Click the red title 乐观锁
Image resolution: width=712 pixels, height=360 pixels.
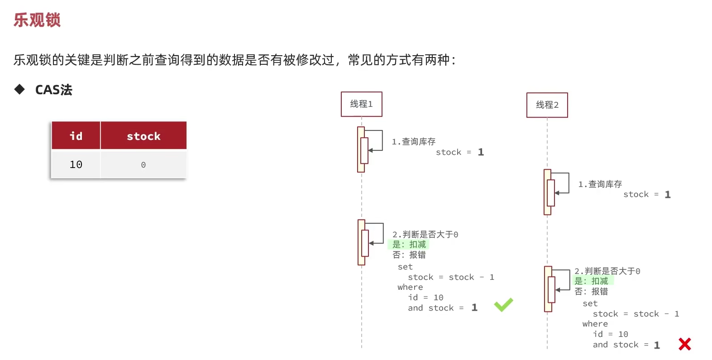pyautogui.click(x=37, y=20)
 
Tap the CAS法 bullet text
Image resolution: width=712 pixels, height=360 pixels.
pyautogui.click(x=53, y=90)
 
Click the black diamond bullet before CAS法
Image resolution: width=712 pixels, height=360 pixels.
pyautogui.click(x=19, y=89)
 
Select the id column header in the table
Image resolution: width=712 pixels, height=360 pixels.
pyautogui.click(x=76, y=136)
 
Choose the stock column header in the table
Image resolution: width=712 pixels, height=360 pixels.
pyautogui.click(x=143, y=136)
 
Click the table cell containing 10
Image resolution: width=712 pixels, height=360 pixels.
pyautogui.click(x=76, y=164)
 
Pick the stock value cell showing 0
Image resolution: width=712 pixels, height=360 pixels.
pyautogui.click(x=143, y=165)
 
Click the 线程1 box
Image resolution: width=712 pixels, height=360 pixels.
pyautogui.click(x=361, y=104)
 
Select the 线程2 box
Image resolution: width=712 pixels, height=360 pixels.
pyautogui.click(x=547, y=105)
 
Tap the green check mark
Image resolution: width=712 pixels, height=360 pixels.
pyautogui.click(x=503, y=305)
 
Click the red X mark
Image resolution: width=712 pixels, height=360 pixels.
pyautogui.click(x=684, y=344)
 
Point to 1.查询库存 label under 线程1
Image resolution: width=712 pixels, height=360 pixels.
pyautogui.click(x=413, y=142)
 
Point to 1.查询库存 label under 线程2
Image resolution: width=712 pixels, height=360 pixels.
pyautogui.click(x=600, y=184)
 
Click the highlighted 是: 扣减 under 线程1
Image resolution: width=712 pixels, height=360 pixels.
pyautogui.click(x=409, y=245)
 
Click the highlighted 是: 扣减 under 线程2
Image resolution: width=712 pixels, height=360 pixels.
pyautogui.click(x=591, y=281)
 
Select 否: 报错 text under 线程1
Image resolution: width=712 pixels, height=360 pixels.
pyautogui.click(x=409, y=255)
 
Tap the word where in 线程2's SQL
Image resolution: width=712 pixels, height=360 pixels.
pyautogui.click(x=595, y=324)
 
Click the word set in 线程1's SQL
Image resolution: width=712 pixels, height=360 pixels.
pyautogui.click(x=405, y=267)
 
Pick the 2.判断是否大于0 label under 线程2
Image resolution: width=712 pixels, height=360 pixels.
pyautogui.click(x=607, y=271)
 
